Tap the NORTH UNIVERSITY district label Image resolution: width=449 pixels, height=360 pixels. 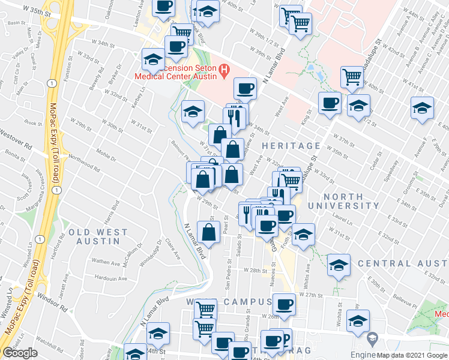(352, 201)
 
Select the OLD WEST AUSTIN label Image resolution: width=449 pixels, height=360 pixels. (98, 237)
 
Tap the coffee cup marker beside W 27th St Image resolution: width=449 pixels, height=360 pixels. (285, 303)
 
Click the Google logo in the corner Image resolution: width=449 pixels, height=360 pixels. (20, 353)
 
